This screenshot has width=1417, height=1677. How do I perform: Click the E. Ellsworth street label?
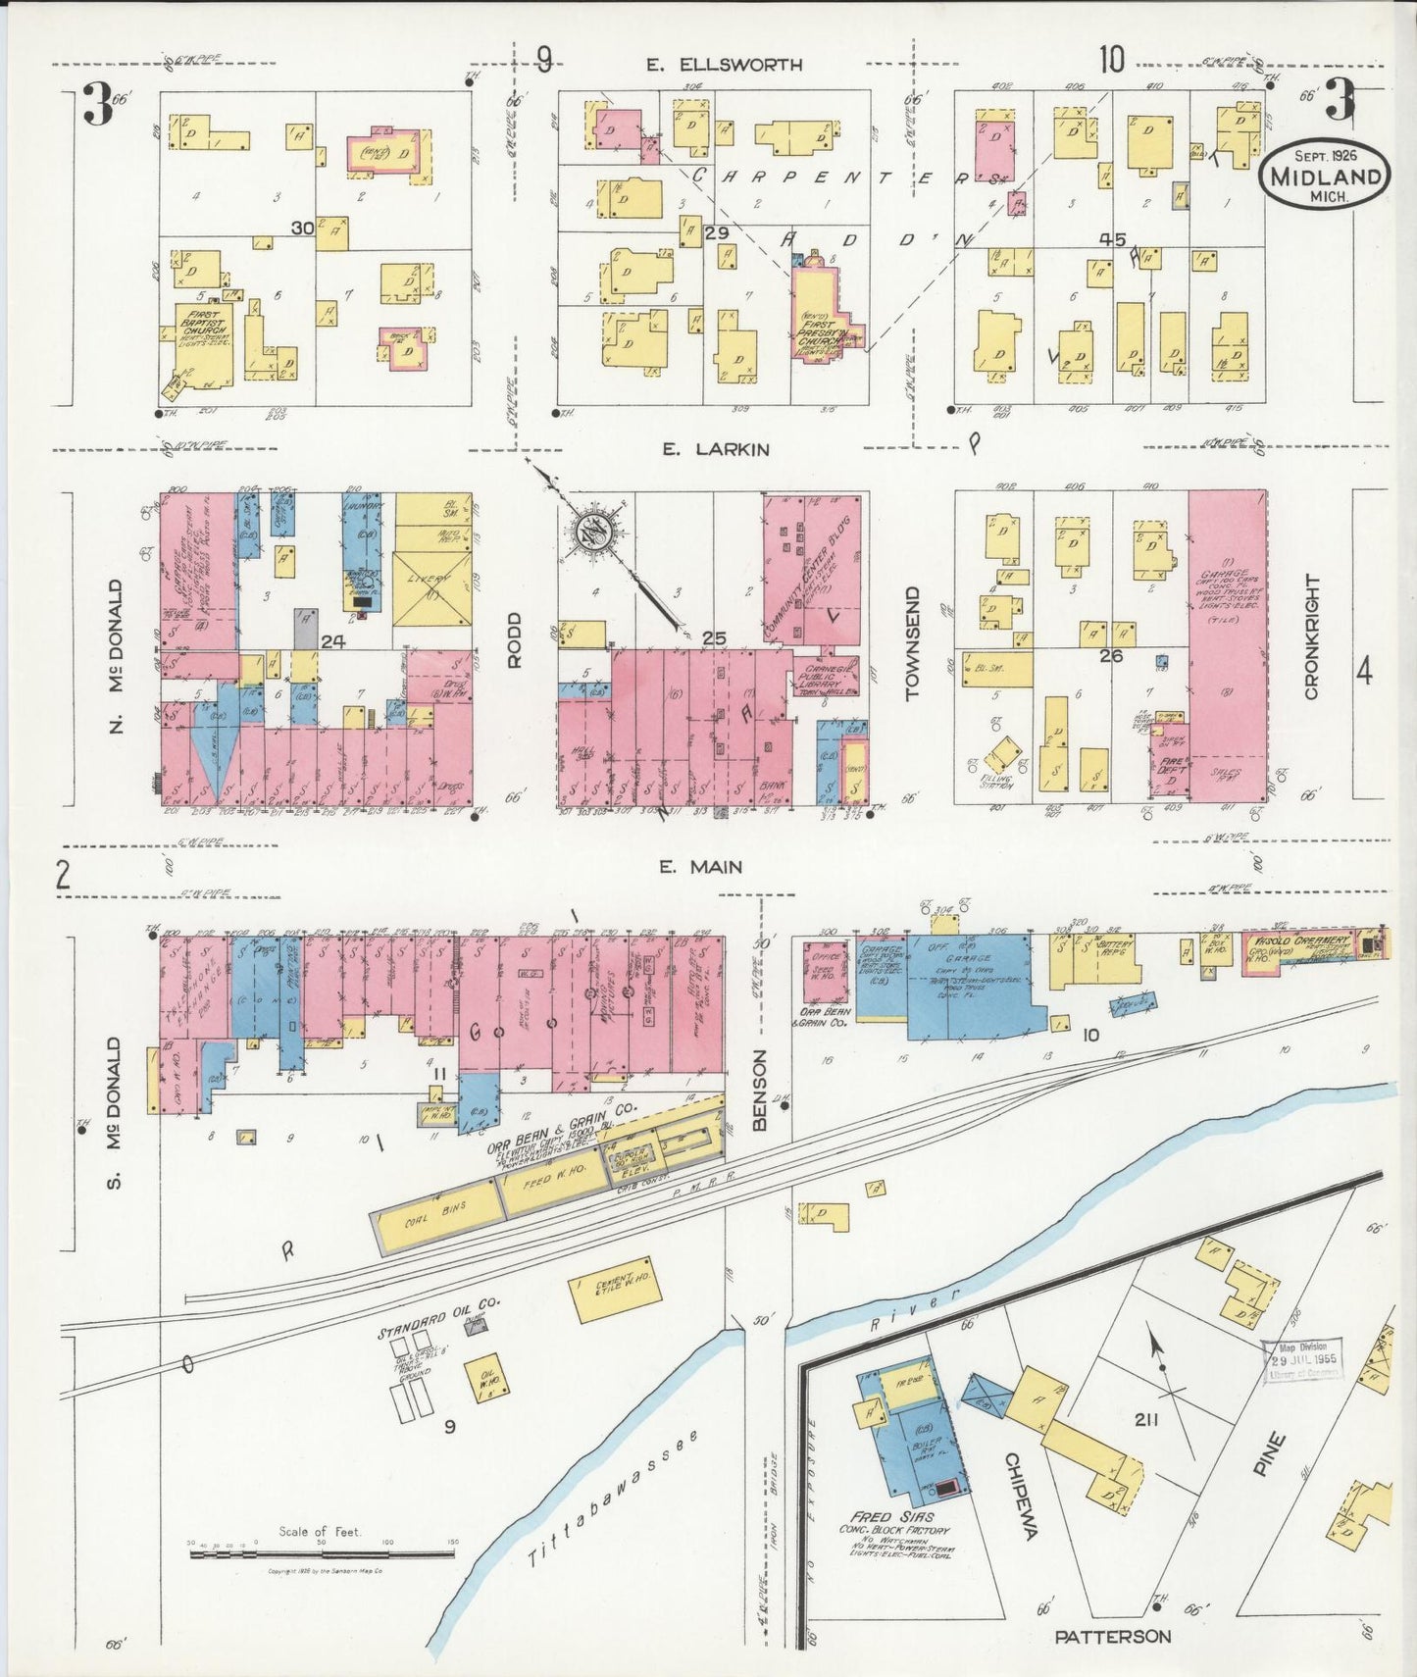(724, 65)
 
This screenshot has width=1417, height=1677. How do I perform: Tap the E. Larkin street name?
(715, 449)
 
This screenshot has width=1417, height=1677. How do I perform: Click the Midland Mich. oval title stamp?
(1325, 176)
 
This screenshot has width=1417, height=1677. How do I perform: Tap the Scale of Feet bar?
(321, 1552)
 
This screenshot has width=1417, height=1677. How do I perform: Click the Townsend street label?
(914, 643)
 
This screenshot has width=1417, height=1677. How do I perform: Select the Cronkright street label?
(1312, 636)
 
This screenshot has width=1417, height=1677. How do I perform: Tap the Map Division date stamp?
(1303, 1360)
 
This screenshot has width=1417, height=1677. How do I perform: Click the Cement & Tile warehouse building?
(612, 1285)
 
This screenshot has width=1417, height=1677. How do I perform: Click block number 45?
(1112, 237)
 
